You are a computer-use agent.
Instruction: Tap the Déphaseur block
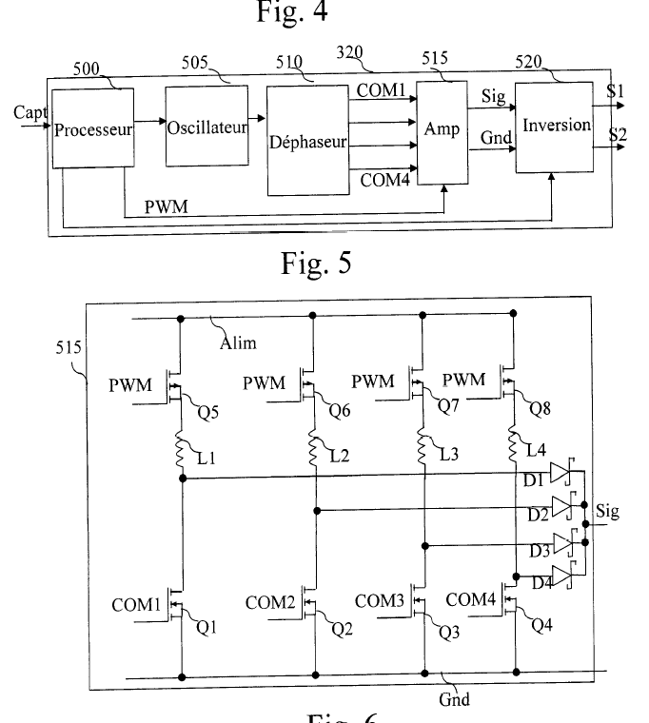[x=306, y=138]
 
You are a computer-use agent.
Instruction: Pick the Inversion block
[x=552, y=126]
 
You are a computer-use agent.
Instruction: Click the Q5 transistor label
[x=207, y=413]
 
